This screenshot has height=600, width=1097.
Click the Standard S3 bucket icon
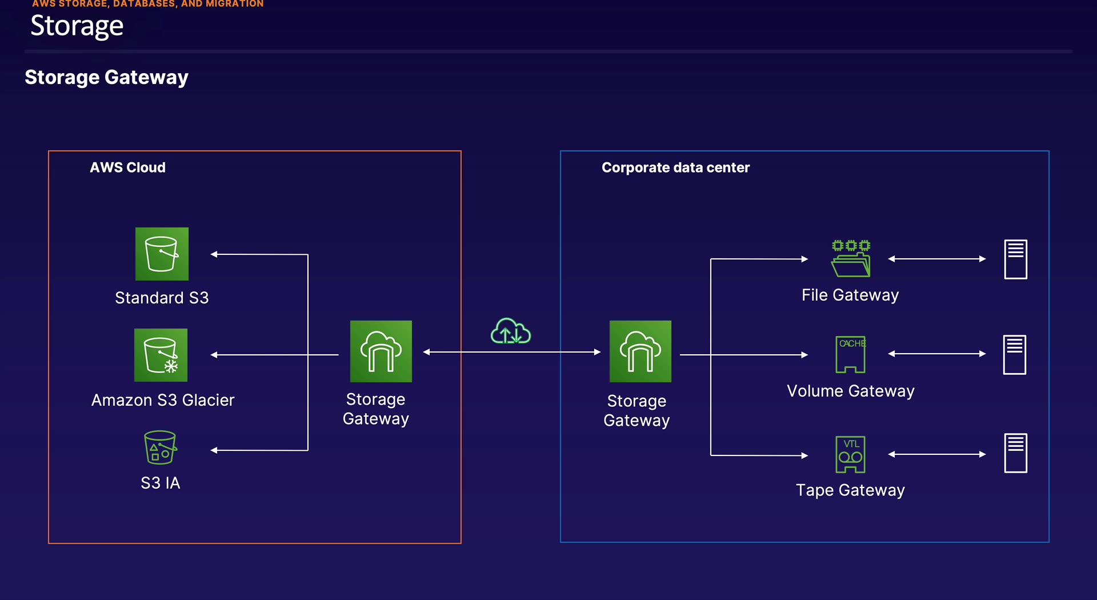coord(162,254)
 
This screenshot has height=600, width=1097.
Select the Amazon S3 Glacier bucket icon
coord(161,355)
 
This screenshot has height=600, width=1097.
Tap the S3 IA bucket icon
coord(160,447)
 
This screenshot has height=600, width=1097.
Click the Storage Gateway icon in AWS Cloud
coord(381,351)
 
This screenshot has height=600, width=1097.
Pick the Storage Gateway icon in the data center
coord(640,351)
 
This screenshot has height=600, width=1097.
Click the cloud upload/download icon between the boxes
coord(511,331)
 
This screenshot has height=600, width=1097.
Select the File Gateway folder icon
coord(851,259)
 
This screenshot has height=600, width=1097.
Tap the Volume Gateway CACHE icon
coord(851,354)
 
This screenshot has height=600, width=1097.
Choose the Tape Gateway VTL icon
coord(851,454)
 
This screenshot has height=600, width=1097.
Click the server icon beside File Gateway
coord(1015,259)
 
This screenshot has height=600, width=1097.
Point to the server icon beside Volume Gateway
coord(1015,355)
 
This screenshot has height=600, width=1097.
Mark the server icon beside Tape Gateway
coord(1015,453)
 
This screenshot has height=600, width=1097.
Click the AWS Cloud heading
coord(127,167)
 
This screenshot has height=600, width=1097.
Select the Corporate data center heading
coord(675,167)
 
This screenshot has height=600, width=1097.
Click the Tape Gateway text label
coord(850,490)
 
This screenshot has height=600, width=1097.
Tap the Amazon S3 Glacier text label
coord(163,400)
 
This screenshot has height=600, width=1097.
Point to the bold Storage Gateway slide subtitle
coord(106,77)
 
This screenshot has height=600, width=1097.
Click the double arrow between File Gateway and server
coord(937,259)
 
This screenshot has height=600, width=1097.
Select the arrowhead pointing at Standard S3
coord(214,254)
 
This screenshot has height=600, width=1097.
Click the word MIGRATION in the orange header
coord(234,4)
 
